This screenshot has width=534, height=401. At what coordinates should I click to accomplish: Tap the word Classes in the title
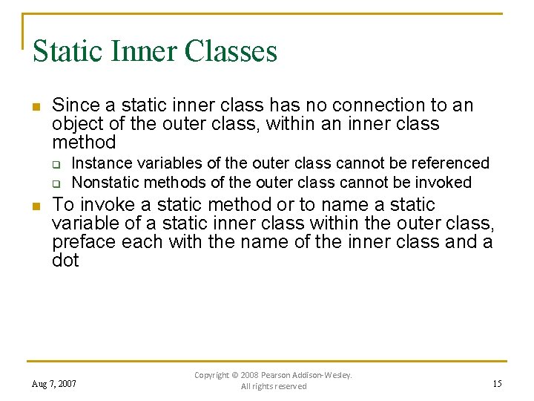click(231, 51)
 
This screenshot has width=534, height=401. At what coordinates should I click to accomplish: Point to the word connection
click(393, 105)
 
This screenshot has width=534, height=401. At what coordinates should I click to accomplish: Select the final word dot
click(65, 261)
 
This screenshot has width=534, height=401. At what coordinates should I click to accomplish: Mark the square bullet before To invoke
click(36, 206)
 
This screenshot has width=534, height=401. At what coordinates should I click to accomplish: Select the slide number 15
click(497, 384)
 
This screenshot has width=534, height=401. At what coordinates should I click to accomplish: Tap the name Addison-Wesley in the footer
click(325, 375)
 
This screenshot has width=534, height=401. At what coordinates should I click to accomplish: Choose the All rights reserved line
click(274, 387)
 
